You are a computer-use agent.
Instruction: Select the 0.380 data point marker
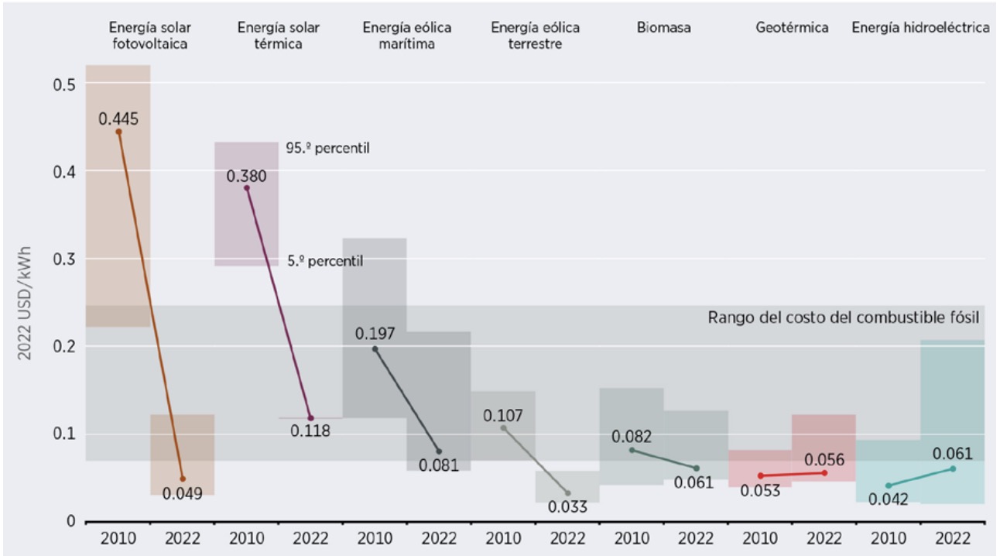click(x=247, y=188)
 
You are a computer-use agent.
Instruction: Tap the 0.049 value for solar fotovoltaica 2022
click(x=182, y=493)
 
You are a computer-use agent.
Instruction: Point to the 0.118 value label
click(x=310, y=431)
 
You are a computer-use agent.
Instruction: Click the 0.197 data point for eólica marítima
click(x=375, y=349)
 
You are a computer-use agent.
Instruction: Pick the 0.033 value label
click(x=567, y=507)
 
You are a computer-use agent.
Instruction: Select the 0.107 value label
click(x=503, y=415)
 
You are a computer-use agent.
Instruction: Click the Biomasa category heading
click(x=664, y=28)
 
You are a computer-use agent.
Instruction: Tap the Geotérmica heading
click(x=792, y=28)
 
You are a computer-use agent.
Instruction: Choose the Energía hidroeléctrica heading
click(x=920, y=28)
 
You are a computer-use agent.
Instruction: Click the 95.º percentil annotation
click(x=327, y=147)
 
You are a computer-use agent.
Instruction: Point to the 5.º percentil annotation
click(x=325, y=262)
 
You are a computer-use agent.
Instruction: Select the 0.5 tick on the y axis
click(x=63, y=84)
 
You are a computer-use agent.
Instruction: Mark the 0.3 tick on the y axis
click(x=63, y=259)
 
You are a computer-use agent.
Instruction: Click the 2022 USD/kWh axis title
click(x=31, y=302)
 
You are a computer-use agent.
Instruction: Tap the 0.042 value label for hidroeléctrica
click(x=888, y=499)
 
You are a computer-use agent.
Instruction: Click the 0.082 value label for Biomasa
click(x=632, y=436)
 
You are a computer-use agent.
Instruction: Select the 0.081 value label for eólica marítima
click(x=439, y=465)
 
